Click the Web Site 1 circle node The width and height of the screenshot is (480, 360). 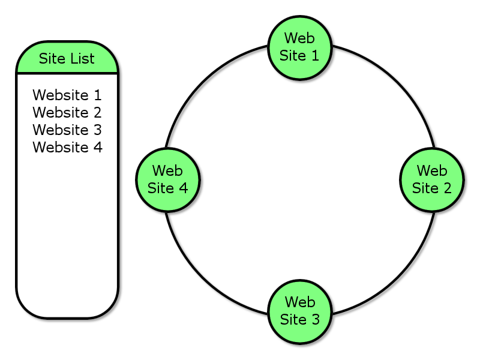300,47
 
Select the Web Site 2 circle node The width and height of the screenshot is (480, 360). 432,179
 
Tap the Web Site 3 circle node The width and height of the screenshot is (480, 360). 300,311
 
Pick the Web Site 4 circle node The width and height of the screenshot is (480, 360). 168,179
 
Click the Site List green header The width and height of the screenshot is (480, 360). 67,58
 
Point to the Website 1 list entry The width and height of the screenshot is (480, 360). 67,95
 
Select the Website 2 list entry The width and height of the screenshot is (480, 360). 67,112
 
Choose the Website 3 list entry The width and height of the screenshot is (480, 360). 67,130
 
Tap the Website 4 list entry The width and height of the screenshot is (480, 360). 67,147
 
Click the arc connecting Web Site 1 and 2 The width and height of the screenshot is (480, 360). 394,86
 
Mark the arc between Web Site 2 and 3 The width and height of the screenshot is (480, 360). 394,273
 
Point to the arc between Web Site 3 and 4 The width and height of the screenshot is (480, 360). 206,273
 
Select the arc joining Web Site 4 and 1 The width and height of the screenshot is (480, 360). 206,86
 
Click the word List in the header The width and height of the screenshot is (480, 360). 83,58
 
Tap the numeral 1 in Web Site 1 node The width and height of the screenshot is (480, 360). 316,56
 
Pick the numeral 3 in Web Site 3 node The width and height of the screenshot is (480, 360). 316,320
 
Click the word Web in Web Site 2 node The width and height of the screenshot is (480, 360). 432,171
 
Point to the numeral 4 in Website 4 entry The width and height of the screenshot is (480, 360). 98,147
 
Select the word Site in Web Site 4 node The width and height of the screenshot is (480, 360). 160,188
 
